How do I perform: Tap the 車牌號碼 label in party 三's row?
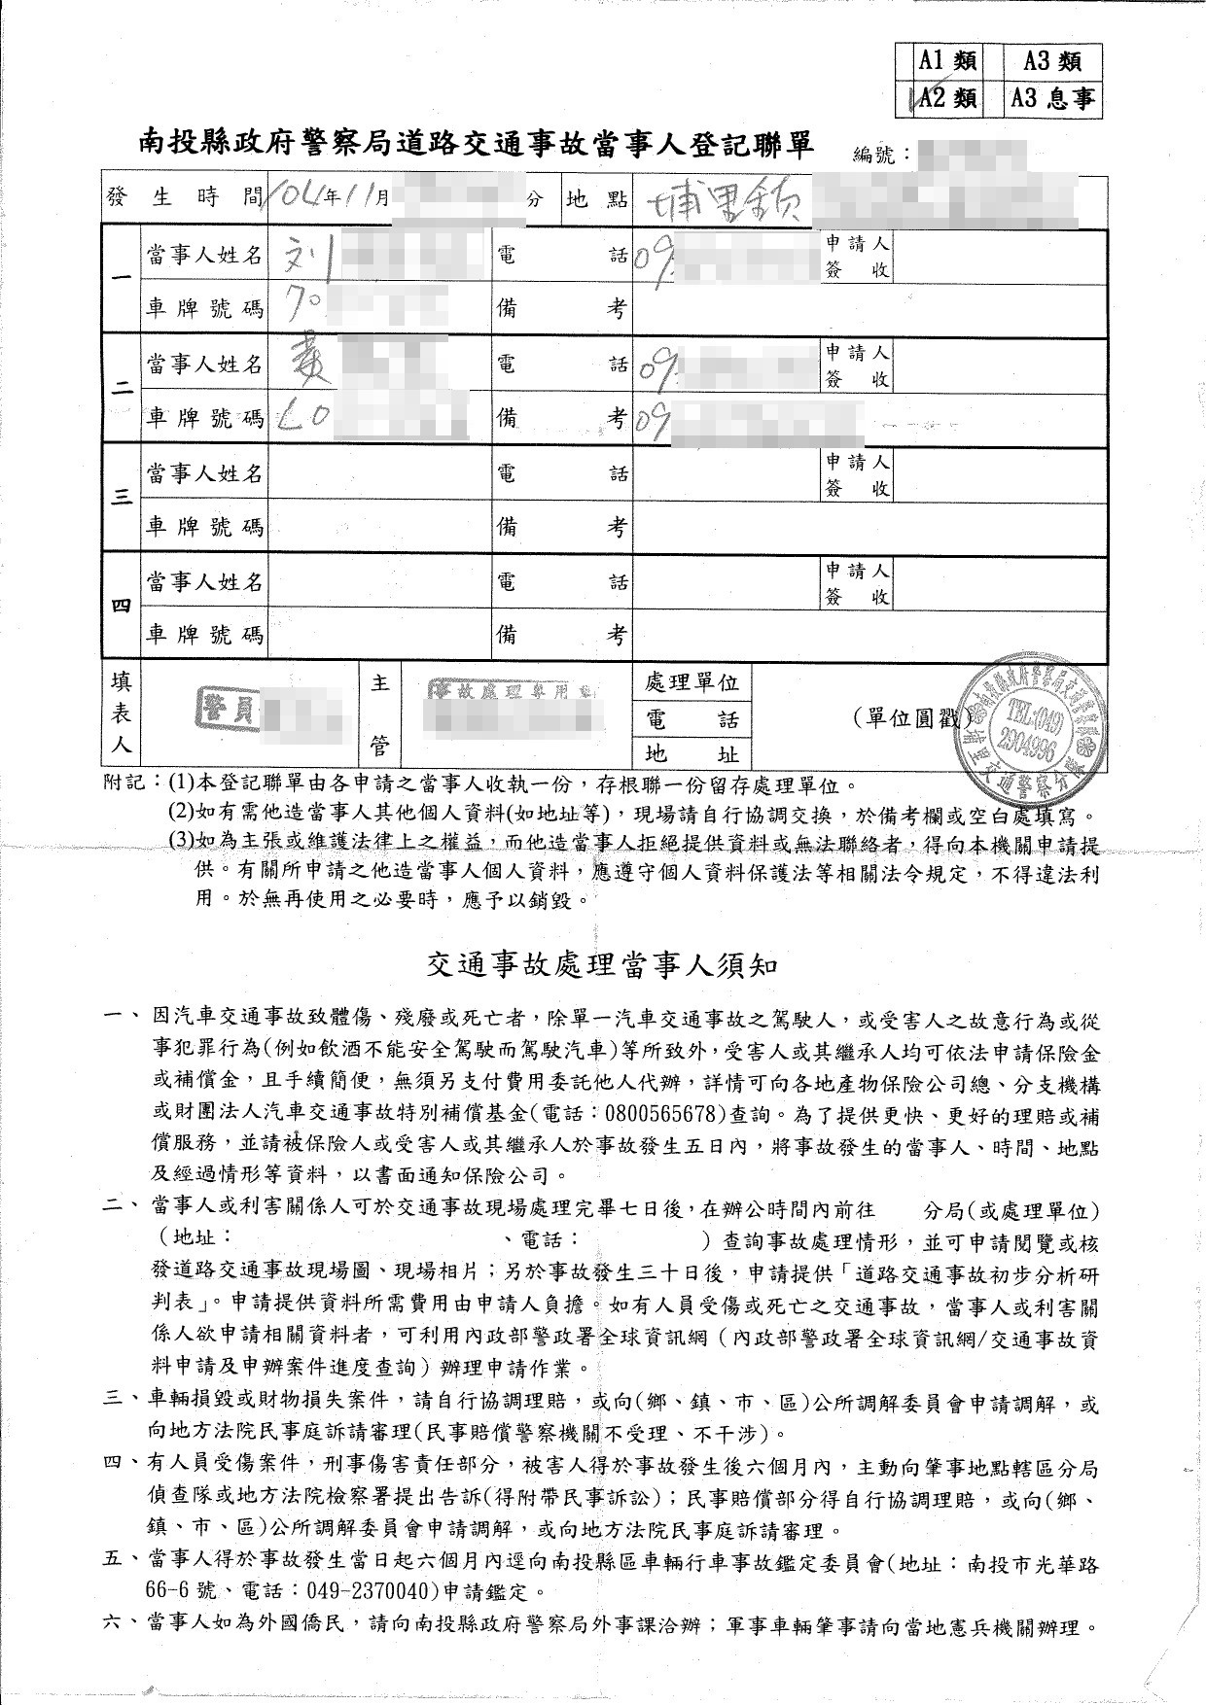[204, 527]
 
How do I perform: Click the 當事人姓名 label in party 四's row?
[204, 581]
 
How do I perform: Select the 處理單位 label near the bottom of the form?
[692, 682]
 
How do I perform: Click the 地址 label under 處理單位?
[692, 753]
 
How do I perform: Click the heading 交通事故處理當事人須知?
[602, 965]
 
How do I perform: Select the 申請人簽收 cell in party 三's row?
[857, 474]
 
